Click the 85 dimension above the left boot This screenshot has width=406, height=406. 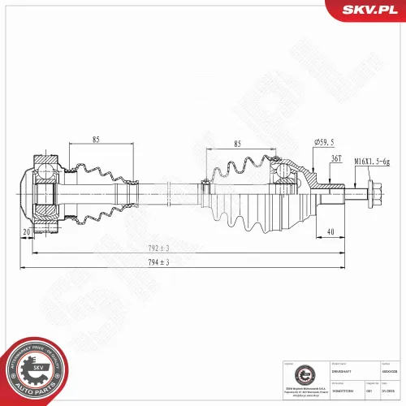point(95,138)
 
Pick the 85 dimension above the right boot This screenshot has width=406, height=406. point(237,144)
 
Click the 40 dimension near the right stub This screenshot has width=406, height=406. point(330,232)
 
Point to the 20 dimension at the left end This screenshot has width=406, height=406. point(26,232)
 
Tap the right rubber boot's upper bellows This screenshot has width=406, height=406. point(240,171)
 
